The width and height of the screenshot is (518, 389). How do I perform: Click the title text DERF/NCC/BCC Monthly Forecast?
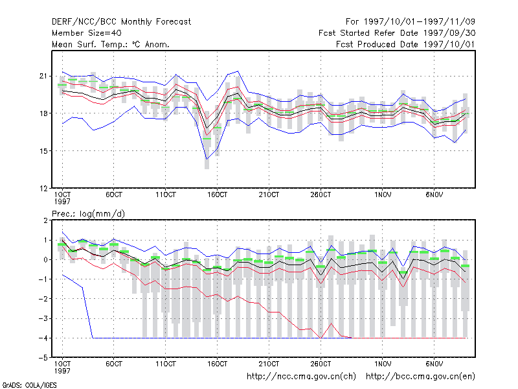[x=121, y=22]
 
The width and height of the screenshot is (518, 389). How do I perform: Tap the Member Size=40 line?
[x=87, y=33]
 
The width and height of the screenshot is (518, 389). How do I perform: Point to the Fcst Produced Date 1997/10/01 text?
[x=405, y=44]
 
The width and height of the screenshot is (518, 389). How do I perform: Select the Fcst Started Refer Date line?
[x=397, y=33]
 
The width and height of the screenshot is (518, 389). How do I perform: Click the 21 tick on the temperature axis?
[x=43, y=76]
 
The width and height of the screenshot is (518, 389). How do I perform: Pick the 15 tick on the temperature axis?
[x=43, y=151]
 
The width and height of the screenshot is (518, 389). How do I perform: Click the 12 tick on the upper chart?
[x=43, y=189]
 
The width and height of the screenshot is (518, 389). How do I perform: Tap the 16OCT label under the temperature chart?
[x=217, y=195]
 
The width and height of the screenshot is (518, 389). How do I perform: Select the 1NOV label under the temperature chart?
[x=383, y=195]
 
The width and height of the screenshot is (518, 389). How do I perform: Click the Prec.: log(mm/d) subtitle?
[x=88, y=214]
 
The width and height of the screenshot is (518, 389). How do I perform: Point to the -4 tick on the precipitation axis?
[x=43, y=338]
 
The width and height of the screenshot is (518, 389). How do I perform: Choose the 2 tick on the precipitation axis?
[x=45, y=220]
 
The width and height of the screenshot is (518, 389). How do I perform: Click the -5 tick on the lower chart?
[x=43, y=358]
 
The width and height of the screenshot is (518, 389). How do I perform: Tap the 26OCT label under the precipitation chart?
[x=321, y=364]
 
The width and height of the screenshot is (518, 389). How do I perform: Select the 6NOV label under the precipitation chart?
[x=434, y=364]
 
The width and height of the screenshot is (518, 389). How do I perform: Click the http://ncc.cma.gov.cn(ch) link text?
[x=301, y=377]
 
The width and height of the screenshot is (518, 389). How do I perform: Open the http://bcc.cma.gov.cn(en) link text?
[x=420, y=377]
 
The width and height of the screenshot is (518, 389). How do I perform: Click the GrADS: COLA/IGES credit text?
[x=29, y=385]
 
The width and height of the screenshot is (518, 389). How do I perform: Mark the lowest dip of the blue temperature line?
[x=207, y=159]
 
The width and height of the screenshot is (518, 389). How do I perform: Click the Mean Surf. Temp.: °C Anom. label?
[x=111, y=44]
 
